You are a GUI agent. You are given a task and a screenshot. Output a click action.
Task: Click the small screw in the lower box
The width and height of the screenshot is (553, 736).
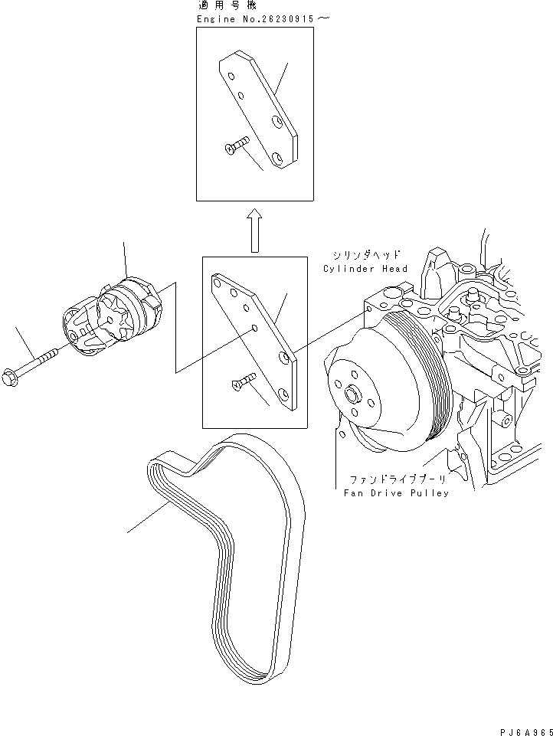pos(243,381)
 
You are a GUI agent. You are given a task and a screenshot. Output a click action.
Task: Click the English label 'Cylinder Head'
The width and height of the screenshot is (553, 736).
pos(365,269)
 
